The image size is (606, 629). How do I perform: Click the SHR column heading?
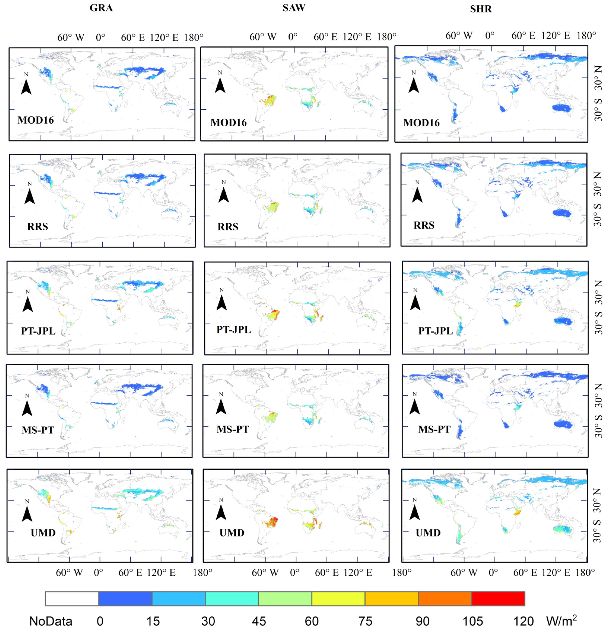pos(481,9)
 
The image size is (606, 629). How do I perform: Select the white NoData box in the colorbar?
pos(72,599)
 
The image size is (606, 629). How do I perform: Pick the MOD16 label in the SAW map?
pos(229,123)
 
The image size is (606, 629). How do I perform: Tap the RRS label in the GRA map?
pos(37,227)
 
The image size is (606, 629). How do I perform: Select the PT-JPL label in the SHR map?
pos(435,331)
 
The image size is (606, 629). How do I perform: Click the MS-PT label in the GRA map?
pos(38,430)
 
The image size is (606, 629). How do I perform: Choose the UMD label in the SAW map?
pos(232,533)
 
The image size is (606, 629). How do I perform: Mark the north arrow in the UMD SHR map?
pos(415,512)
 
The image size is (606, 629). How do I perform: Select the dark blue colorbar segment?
pos(125,599)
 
